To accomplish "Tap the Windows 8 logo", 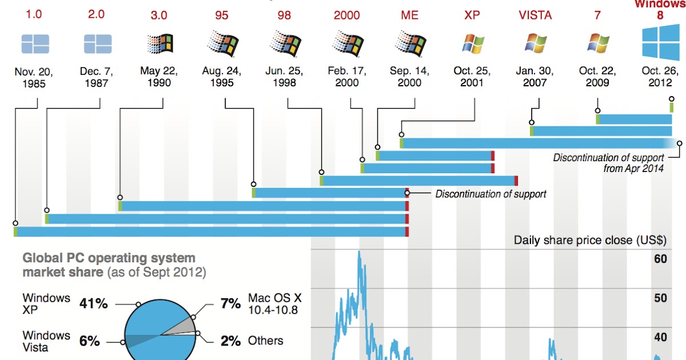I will point(660,42).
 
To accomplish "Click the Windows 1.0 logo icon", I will point(35,44).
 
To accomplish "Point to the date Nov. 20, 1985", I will point(34,78).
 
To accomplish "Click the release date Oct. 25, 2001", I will point(472,77).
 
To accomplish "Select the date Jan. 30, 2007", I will point(535,77).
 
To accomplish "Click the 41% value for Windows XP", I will point(93,303).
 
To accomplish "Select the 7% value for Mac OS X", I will point(230,303).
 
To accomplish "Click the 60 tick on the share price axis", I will point(660,259).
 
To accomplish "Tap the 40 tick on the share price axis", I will point(660,337).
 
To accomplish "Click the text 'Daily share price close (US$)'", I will point(590,240).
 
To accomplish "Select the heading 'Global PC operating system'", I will point(109,258).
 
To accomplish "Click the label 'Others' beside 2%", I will point(265,341).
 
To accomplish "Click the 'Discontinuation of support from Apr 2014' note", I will point(608,163).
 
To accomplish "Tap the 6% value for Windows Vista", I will point(89,341).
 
